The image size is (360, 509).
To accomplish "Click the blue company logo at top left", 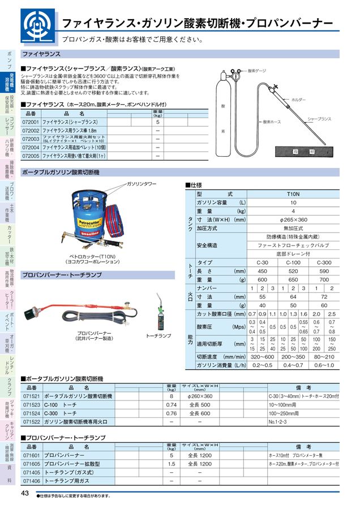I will click(37, 26).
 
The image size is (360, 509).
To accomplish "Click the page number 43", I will click(25, 493).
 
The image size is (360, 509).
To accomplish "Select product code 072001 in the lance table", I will click(31, 122).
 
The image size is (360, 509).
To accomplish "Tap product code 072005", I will click(31, 156).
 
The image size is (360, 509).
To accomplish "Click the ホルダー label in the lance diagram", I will click(298, 100).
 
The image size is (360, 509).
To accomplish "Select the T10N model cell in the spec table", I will click(293, 193).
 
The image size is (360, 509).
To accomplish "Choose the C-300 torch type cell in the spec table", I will click(324, 262).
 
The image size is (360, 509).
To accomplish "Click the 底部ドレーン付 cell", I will click(293, 254).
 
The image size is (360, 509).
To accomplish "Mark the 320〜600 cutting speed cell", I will click(262, 357).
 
